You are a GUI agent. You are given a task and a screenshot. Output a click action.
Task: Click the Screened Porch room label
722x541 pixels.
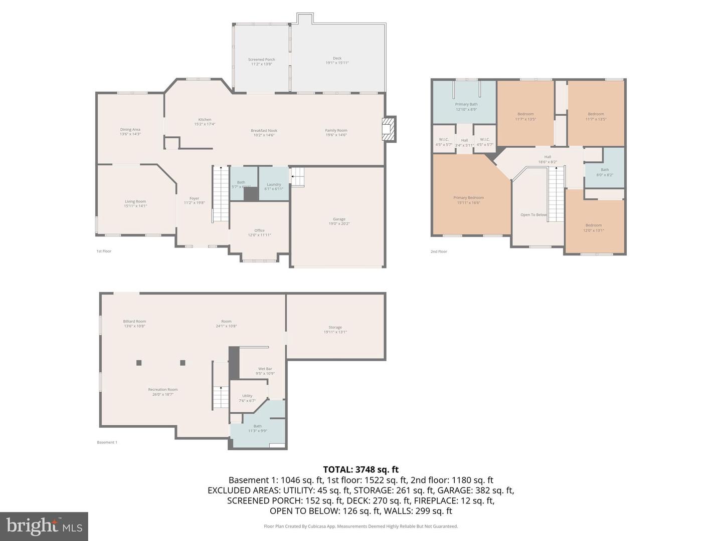point(261,62)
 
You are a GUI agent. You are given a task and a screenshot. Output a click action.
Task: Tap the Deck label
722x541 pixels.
point(337,61)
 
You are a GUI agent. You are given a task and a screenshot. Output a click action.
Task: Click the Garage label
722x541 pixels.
point(339,221)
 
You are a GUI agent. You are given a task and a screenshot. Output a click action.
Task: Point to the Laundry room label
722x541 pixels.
point(274,186)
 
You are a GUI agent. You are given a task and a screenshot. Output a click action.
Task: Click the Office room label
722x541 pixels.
point(259,232)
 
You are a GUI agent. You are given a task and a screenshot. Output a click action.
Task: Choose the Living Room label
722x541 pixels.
point(135,203)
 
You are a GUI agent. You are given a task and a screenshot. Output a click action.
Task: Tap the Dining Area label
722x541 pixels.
point(130,132)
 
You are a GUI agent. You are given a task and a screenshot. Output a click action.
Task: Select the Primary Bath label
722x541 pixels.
point(466,107)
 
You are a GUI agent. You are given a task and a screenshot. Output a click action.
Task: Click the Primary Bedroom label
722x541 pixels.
point(469,200)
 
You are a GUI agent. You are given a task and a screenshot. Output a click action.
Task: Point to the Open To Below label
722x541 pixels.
point(533,215)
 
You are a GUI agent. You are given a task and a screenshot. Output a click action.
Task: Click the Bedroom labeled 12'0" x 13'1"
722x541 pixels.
point(594,227)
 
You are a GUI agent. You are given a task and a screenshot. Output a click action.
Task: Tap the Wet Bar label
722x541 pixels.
point(265,371)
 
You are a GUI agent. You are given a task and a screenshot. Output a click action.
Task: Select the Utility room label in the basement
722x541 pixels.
point(247,398)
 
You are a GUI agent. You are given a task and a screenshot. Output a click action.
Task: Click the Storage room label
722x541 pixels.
point(335,329)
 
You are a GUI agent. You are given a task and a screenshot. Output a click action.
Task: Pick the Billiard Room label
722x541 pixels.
point(134,324)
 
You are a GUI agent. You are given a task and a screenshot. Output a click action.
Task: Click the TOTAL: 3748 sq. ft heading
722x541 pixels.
point(360,469)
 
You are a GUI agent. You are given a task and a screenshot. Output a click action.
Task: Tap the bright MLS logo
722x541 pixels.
point(44,526)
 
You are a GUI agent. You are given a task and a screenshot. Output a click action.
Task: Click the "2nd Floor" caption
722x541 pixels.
point(439,251)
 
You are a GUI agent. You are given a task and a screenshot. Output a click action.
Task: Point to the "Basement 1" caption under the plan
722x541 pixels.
point(107,442)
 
